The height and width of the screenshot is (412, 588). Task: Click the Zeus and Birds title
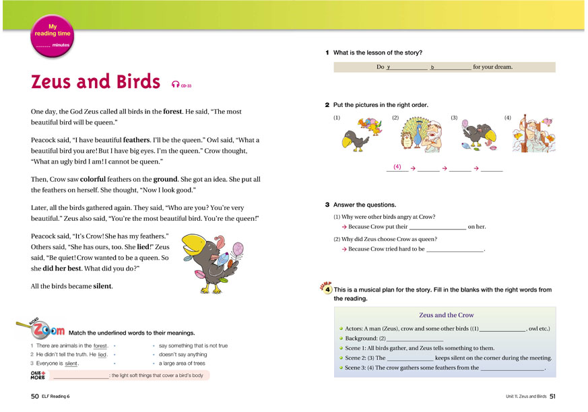[x=98, y=82]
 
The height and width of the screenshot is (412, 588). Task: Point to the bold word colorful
[x=99, y=180]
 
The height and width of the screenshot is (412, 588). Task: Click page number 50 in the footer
[x=34, y=396]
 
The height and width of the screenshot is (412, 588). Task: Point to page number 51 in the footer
[x=552, y=396]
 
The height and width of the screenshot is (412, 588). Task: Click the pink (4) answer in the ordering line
[x=397, y=166]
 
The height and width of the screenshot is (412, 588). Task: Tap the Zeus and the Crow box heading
[x=446, y=314]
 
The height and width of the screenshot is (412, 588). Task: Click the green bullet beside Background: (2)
[x=341, y=338]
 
